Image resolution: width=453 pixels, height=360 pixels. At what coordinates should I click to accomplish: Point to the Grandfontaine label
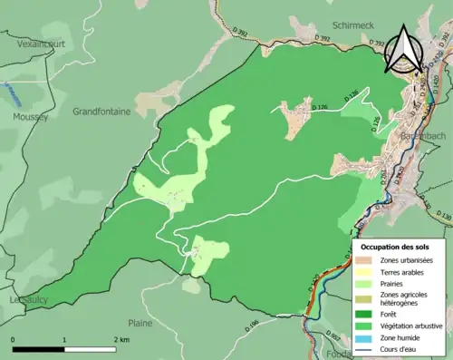[x=101, y=112]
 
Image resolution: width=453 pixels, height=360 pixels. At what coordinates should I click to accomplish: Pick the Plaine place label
[x=140, y=322]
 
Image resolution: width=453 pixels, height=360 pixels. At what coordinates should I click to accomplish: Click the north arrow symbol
[x=401, y=50]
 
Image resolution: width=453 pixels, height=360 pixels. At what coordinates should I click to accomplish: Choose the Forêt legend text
[x=391, y=315]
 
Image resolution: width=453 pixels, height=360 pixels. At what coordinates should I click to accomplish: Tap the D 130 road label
[x=442, y=217]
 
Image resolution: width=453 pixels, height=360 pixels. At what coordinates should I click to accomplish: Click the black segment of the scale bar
[x=39, y=348]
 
